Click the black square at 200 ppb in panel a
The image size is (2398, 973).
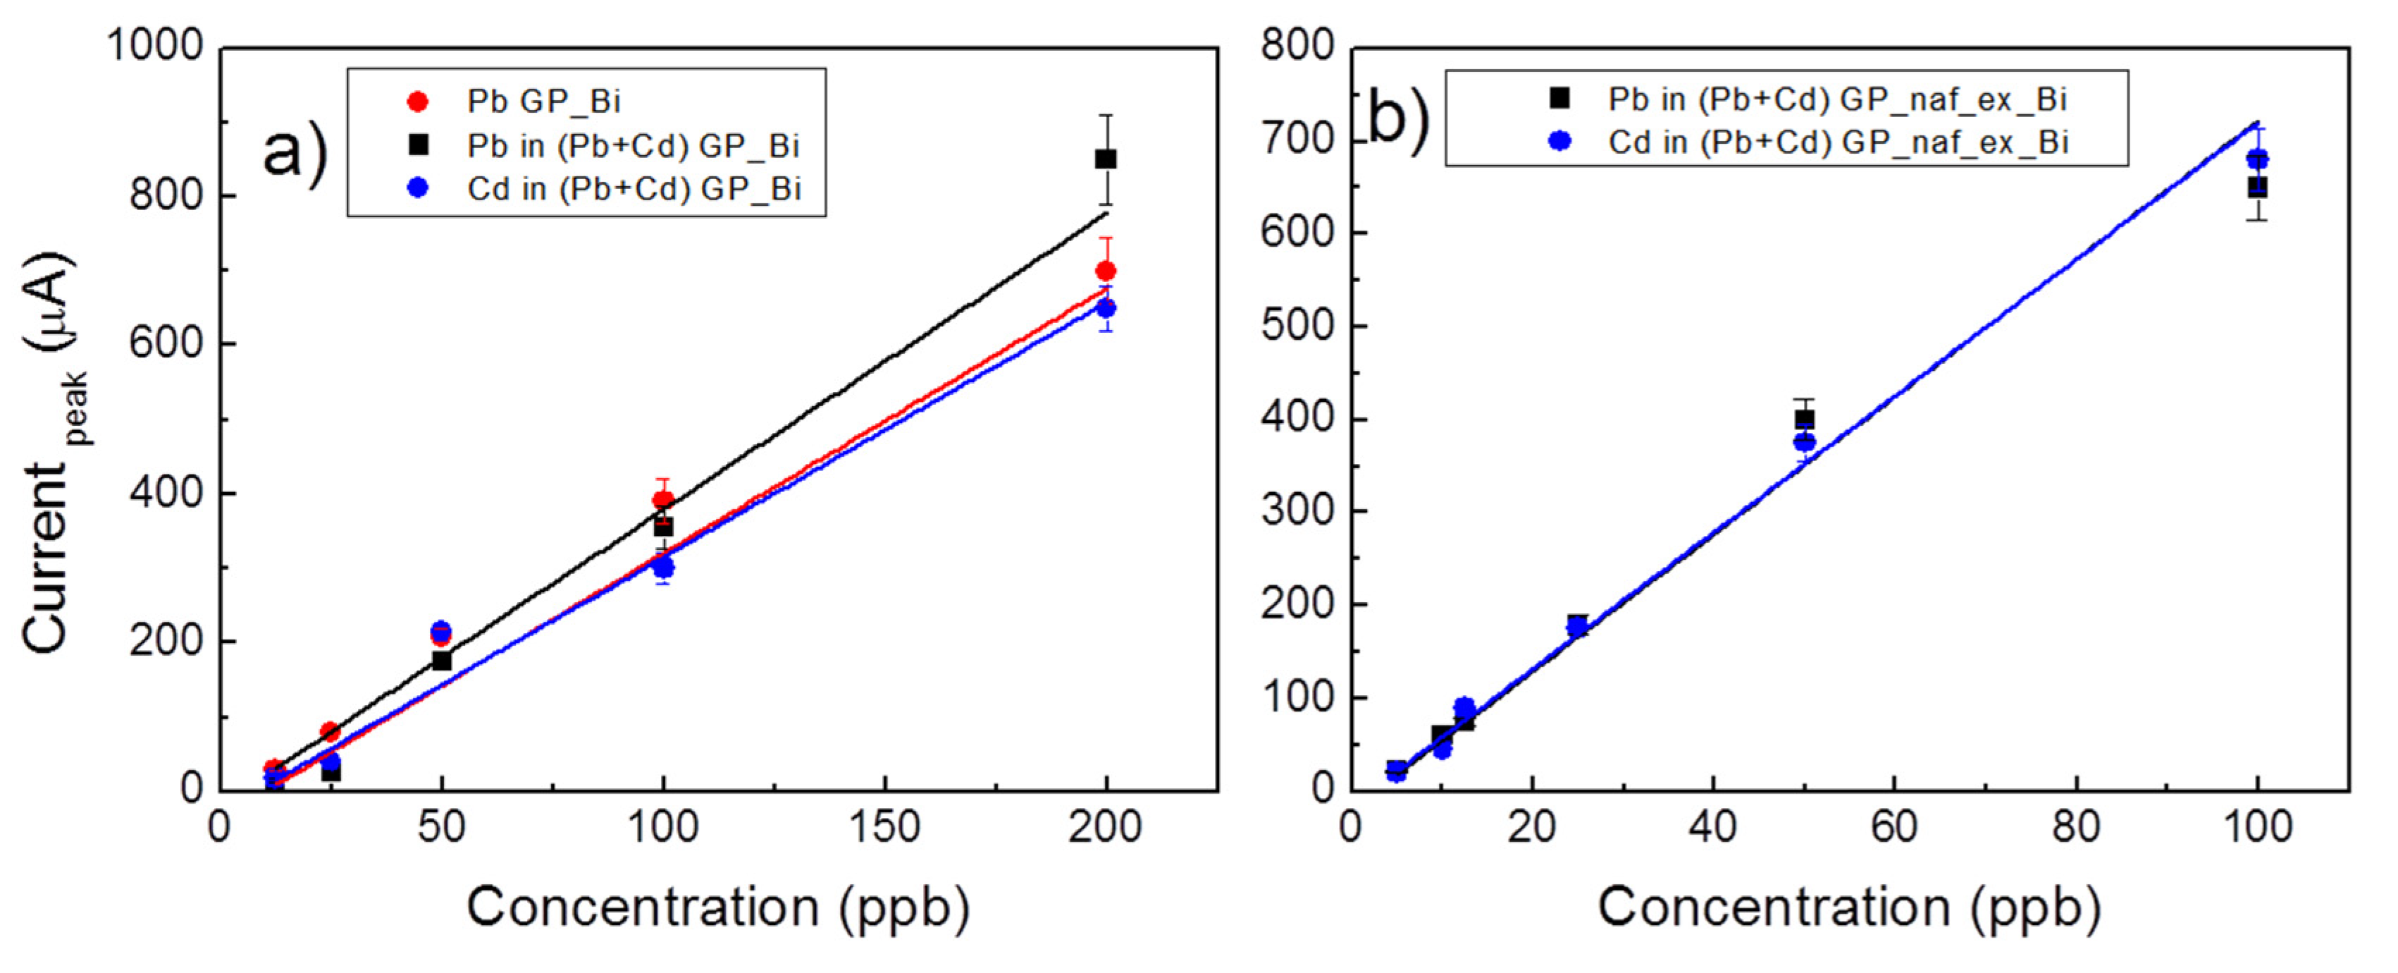point(1105,159)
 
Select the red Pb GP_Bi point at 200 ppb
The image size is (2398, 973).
point(1106,271)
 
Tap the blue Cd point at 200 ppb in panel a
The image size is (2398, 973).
point(1106,308)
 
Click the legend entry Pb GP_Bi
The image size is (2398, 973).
point(543,101)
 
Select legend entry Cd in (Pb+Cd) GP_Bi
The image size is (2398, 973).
point(633,189)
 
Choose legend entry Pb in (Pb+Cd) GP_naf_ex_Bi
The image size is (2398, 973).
point(1836,99)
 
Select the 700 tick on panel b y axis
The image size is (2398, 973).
point(1298,140)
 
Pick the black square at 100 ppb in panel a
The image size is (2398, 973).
point(663,527)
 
